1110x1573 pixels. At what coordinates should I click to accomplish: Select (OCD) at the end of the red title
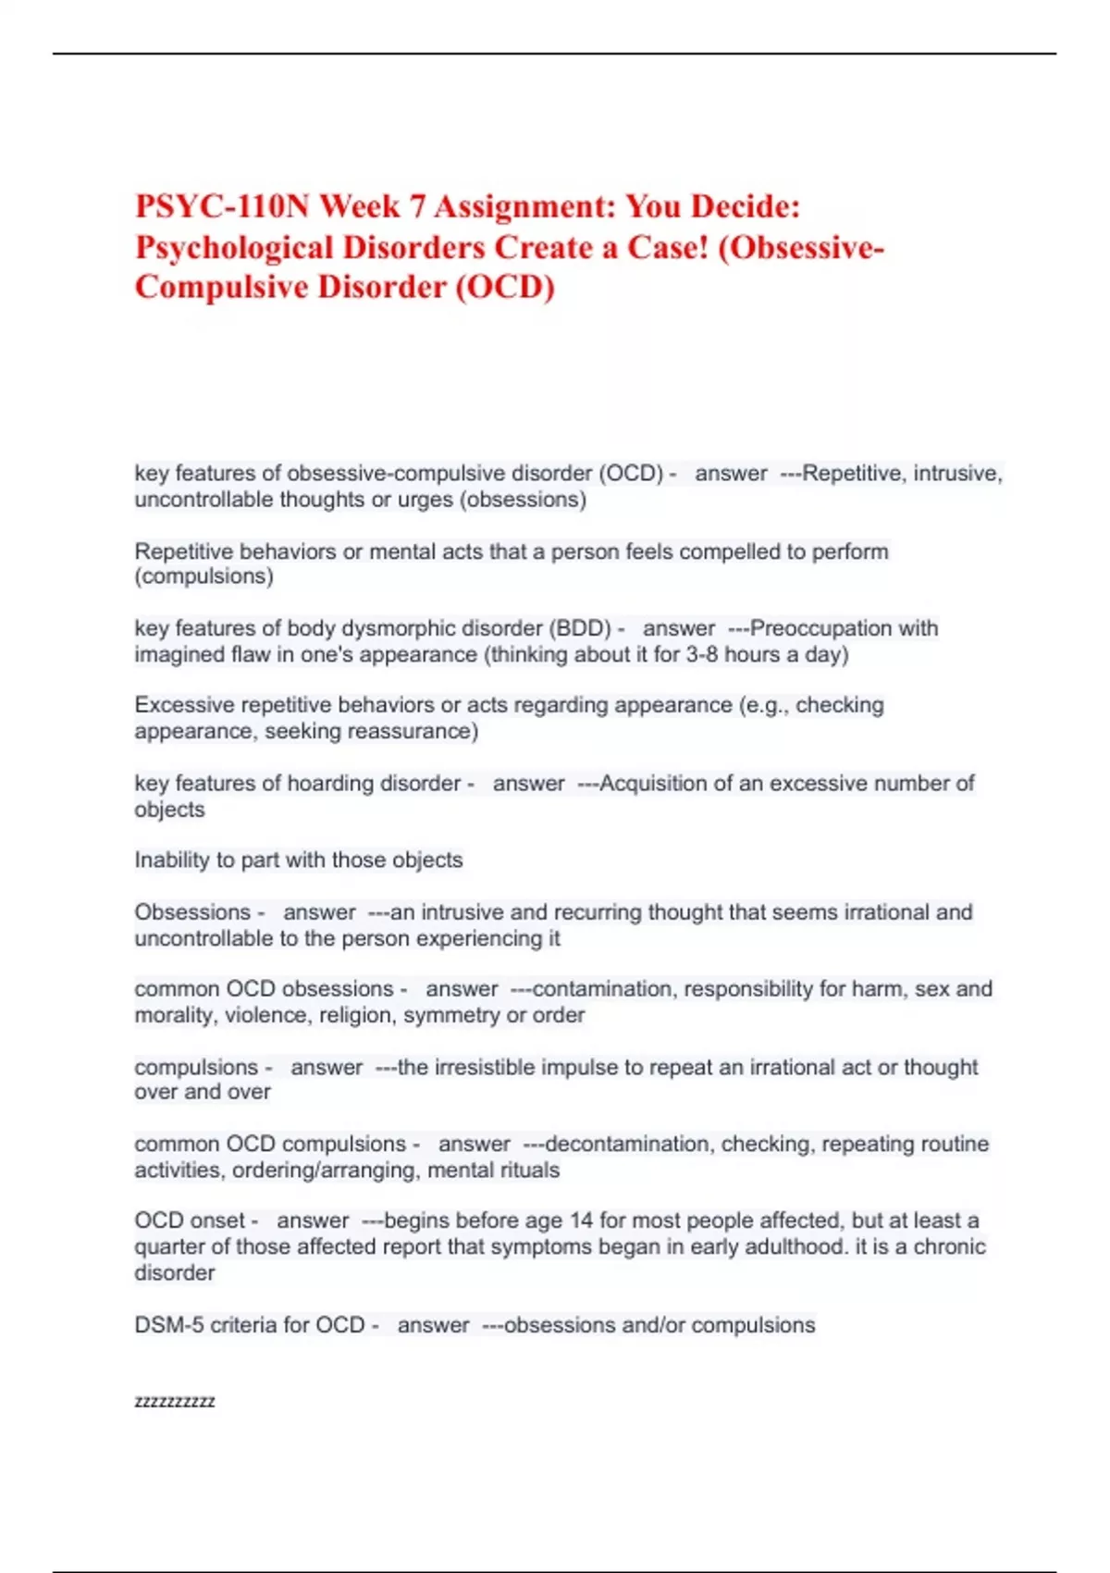[504, 287]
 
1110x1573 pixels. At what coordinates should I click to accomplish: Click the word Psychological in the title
[234, 247]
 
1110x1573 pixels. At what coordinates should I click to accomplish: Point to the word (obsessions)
[524, 500]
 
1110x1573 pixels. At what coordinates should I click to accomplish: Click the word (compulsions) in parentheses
[203, 576]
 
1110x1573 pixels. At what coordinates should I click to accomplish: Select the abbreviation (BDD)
[580, 628]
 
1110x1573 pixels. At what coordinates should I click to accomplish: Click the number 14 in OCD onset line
[581, 1220]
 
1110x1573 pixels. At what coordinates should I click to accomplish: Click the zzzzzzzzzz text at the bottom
[175, 1401]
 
